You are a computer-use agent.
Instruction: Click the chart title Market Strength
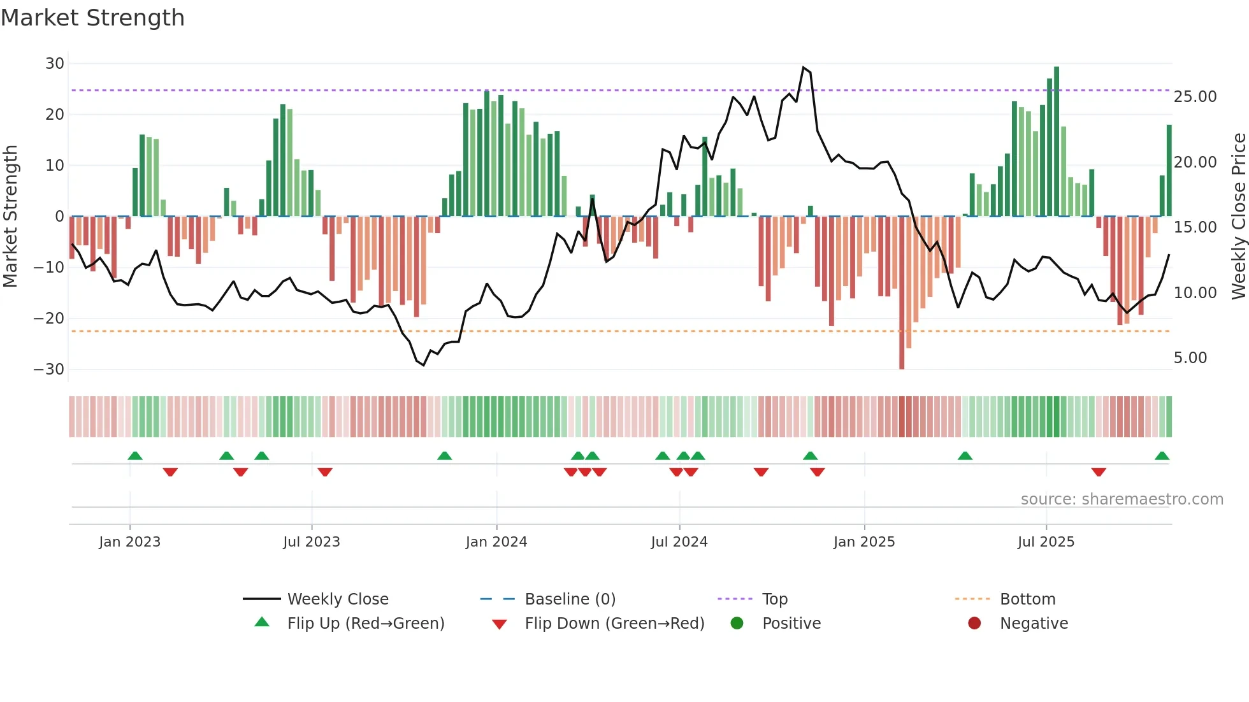coord(92,18)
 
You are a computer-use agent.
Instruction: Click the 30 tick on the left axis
coord(55,64)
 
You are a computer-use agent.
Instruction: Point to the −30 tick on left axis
coord(50,369)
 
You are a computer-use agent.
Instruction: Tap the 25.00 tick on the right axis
coord(1195,97)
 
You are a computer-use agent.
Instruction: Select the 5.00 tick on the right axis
coord(1190,358)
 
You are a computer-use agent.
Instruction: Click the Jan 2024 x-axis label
coord(496,542)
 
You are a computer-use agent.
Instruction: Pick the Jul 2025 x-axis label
coord(1046,542)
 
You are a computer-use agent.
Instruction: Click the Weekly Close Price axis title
coord(1238,217)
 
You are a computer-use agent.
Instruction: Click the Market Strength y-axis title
coord(10,217)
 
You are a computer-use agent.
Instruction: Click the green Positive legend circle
coord(737,624)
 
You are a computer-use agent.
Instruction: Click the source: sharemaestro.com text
coord(1122,499)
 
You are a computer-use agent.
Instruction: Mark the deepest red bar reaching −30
coord(902,293)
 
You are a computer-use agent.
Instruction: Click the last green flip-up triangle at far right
coord(1162,456)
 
